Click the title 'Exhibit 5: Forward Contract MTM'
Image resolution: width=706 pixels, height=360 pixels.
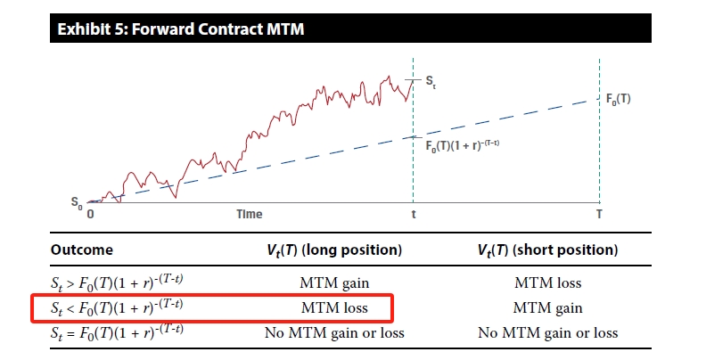point(181,29)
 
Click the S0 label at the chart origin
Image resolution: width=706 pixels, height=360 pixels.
point(77,203)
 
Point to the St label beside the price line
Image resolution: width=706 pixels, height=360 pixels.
point(431,82)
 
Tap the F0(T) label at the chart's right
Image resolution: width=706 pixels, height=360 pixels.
point(619,100)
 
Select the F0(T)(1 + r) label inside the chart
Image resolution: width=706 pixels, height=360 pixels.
point(463,146)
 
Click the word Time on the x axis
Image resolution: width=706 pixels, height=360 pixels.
point(250,214)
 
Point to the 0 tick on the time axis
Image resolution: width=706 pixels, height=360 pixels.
point(90,214)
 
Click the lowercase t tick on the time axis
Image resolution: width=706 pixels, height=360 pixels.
point(414,214)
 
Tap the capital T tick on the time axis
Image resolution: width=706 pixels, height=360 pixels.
point(599,214)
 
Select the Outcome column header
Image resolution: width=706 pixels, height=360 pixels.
point(81,250)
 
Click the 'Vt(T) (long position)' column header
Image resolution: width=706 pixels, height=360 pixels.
point(334,250)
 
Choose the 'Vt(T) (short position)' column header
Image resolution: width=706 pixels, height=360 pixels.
point(547,250)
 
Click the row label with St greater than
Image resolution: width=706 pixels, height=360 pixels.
point(117,282)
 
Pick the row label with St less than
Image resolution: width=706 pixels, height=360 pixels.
point(117,307)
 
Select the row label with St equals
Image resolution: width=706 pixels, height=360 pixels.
point(117,332)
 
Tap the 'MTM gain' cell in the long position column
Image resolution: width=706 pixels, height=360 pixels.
point(334,282)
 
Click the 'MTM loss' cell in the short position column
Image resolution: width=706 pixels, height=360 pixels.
point(548,282)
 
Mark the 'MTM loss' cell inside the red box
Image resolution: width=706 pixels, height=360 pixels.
point(334,307)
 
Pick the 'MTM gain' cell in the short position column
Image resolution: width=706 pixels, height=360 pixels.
point(548,307)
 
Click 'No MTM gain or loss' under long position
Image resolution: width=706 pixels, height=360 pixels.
point(334,333)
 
